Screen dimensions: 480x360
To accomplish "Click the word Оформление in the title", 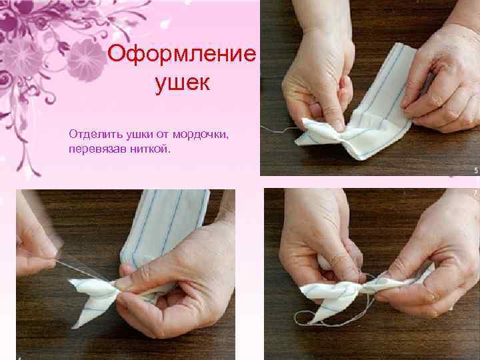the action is coord(181,54).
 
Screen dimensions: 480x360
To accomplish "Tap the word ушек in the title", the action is coord(183,83).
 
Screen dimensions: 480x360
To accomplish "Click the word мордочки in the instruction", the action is coord(201,135).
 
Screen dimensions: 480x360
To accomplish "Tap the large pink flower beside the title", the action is coord(86,60).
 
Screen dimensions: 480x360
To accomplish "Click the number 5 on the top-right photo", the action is coord(476,170).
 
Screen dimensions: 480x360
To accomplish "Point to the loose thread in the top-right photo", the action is coord(279,130).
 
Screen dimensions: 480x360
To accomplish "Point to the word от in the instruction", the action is coord(163,135).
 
